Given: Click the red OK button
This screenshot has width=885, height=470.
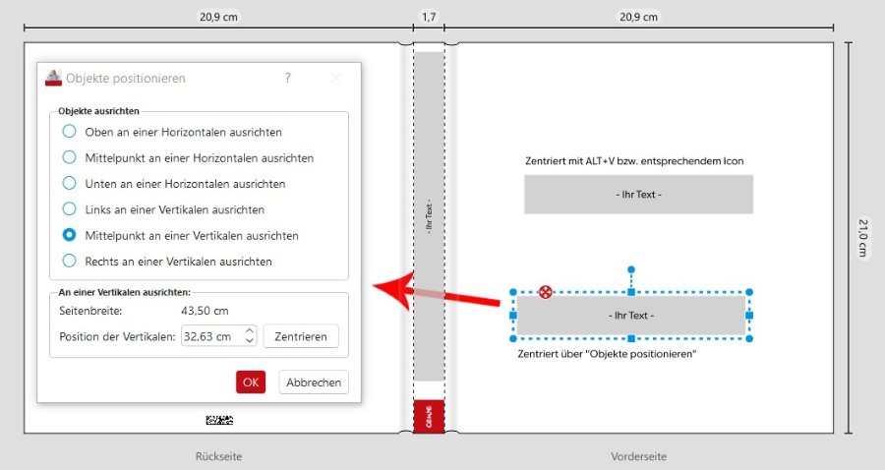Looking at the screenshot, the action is (251, 382).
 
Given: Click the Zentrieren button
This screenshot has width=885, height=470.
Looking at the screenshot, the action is (301, 336).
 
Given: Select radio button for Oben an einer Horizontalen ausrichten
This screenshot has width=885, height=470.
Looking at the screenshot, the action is (69, 132).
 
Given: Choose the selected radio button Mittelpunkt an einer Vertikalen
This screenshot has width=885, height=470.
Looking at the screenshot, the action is (69, 235).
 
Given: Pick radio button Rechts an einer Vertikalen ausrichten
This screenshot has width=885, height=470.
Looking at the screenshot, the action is (69, 261).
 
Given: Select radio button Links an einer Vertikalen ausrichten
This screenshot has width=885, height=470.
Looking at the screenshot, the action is (69, 208).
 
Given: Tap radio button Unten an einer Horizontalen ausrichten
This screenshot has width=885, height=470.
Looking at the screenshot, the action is (69, 183).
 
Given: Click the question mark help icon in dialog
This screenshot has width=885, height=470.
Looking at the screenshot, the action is (288, 78).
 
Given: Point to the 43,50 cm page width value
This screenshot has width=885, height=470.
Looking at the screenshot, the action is (205, 311).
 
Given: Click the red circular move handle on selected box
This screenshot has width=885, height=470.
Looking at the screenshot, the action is (545, 292).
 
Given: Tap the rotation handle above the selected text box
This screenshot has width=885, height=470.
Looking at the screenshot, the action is (631, 269).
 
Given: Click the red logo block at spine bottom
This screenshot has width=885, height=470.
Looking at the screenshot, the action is (429, 417).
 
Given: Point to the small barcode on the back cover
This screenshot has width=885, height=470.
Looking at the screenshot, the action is (219, 420).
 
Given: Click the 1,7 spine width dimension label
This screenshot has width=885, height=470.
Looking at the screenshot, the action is (429, 17).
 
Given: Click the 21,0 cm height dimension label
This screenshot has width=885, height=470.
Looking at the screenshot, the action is (863, 238).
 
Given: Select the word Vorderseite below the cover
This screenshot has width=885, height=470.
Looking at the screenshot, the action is (638, 456).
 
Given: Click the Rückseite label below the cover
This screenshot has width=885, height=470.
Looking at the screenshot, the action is (219, 456).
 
